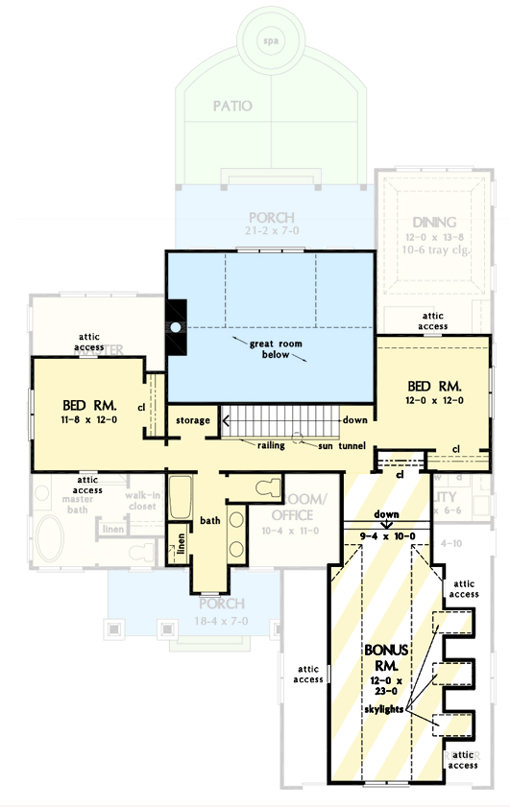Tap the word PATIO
pos(231,106)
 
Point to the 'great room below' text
pos(272,347)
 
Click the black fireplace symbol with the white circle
pos(176,327)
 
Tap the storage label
pos(193,421)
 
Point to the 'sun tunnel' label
pos(327,446)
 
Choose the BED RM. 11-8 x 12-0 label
pos(88,411)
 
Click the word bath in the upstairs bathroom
pos(210,521)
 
